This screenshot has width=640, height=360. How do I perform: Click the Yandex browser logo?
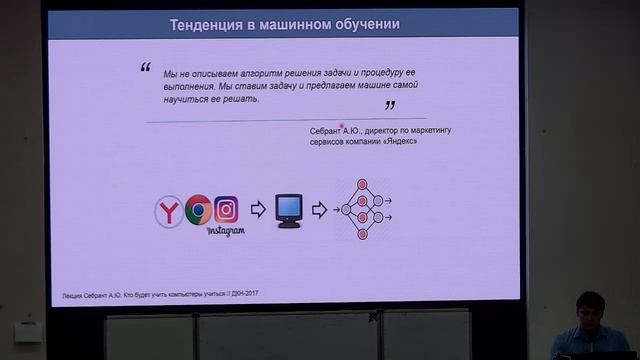tap(170, 211)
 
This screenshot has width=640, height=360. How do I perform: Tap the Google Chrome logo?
tap(198, 209)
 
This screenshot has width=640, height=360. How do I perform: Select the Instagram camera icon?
tap(226, 209)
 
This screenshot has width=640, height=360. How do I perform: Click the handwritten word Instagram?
tap(226, 231)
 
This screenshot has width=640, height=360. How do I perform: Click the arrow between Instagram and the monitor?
tap(257, 209)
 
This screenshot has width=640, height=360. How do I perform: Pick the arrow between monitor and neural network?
tap(319, 209)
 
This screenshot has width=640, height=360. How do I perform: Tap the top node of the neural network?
tap(363, 185)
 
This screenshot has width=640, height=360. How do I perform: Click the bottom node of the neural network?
tap(363, 234)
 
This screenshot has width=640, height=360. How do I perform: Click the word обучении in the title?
tap(360, 24)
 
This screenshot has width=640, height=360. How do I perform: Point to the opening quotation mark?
tap(145, 69)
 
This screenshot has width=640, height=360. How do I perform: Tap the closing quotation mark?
tap(390, 105)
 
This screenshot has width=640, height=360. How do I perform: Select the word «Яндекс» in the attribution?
tap(399, 142)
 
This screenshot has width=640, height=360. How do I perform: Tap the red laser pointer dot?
tap(343, 125)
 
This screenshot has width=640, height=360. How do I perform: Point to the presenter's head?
tap(590, 306)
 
